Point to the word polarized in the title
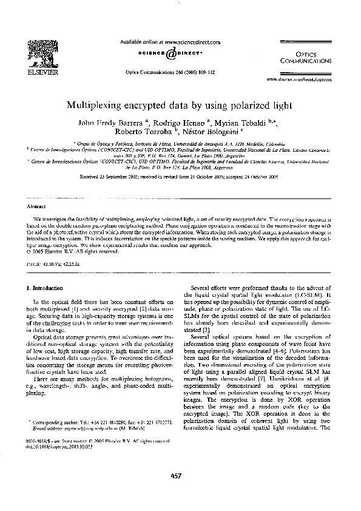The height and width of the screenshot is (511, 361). coord(248,104)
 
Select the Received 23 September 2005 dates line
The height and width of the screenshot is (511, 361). coord(180,178)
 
